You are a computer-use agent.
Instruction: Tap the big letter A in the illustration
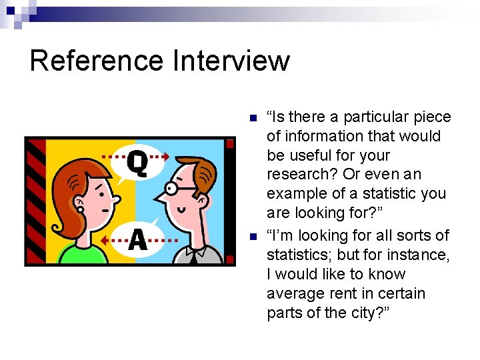(137, 239)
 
